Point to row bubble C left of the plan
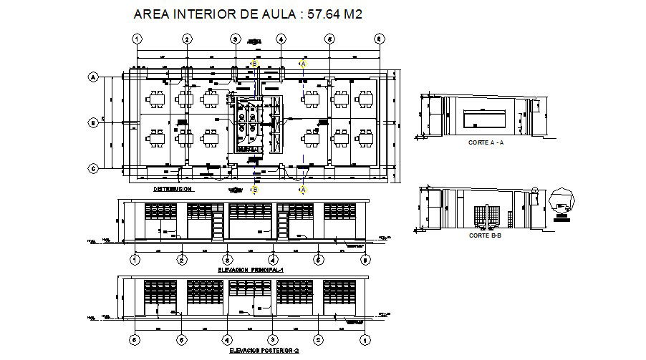tap(92, 169)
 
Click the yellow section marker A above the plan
tap(303, 64)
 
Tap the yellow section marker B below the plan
tap(254, 190)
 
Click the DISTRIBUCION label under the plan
tap(173, 190)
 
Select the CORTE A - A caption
tap(486, 142)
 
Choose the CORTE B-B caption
tap(485, 235)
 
